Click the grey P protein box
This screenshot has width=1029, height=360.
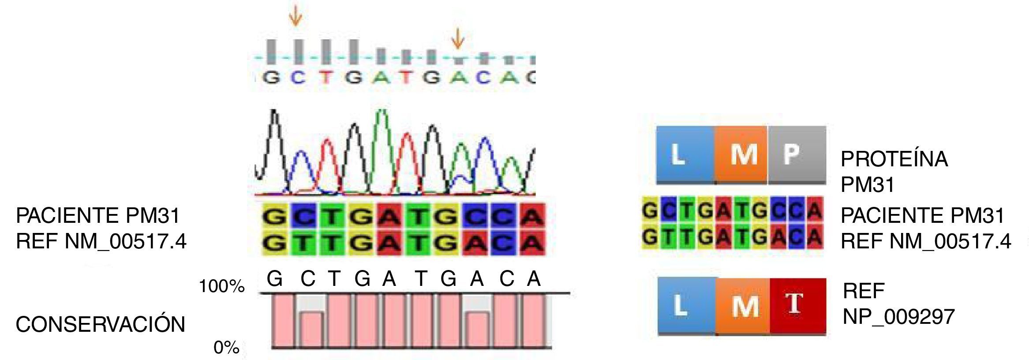click(x=797, y=154)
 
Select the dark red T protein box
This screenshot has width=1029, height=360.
click(x=797, y=305)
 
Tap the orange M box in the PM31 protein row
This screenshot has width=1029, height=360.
click(x=741, y=154)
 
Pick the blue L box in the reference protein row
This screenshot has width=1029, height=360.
click(x=686, y=305)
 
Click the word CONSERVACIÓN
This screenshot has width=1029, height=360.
click(x=100, y=325)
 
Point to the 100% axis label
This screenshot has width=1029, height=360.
click(x=221, y=287)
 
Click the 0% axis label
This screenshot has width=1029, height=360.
click(x=226, y=348)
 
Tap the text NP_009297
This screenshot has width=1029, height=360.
click(x=898, y=317)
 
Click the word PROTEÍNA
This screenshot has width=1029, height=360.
click(x=894, y=159)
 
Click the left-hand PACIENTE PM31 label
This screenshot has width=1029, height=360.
click(x=98, y=216)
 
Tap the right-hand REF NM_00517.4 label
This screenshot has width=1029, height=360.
click(x=925, y=241)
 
